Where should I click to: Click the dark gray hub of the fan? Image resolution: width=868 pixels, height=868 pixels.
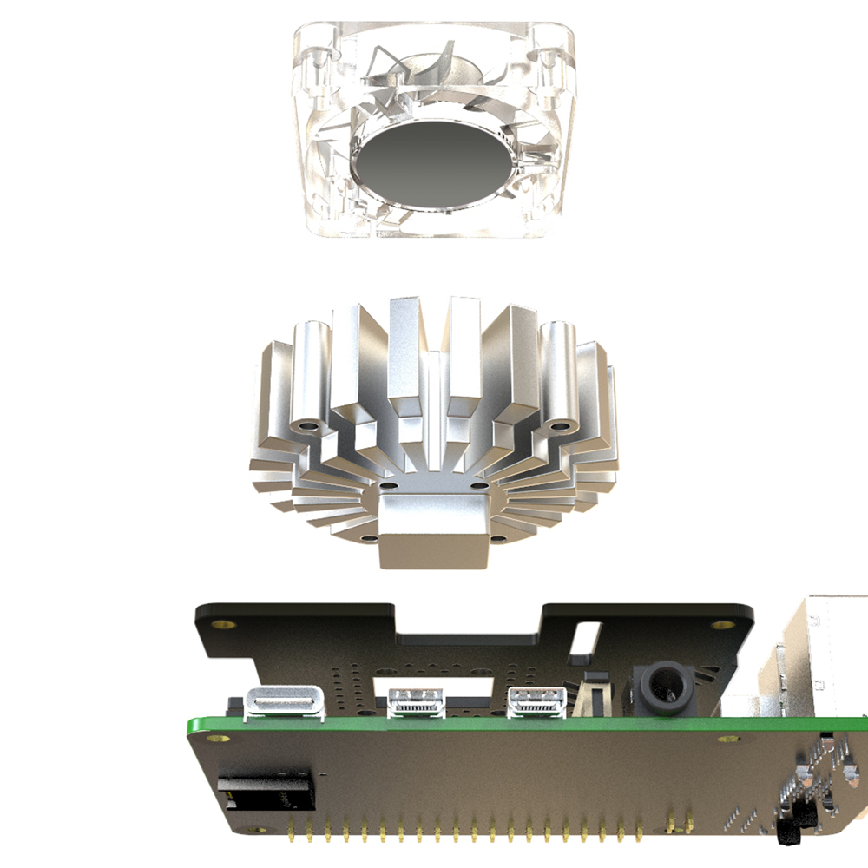[426, 166]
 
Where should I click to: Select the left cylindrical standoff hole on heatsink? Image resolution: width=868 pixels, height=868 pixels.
[308, 427]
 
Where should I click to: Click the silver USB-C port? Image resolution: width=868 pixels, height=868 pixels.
[286, 702]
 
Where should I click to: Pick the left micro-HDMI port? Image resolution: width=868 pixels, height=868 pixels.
[418, 700]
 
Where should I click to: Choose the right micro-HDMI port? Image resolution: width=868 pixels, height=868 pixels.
[536, 700]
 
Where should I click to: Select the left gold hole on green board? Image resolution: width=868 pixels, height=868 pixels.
[214, 738]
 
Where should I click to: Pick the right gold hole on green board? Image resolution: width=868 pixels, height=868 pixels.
[728, 740]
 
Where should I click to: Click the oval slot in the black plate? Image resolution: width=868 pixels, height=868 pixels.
[589, 637]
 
